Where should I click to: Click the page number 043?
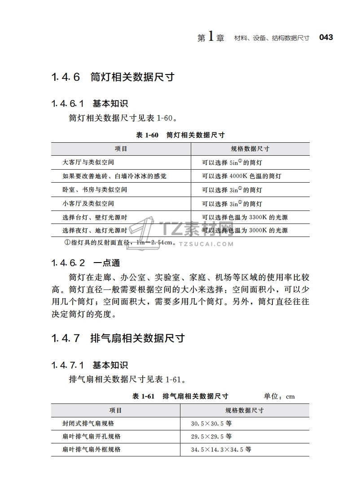point(326,38)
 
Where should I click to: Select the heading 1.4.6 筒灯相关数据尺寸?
point(113,77)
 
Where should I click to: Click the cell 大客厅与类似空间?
point(88,162)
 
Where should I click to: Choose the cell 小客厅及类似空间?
point(88,203)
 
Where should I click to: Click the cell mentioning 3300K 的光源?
point(245,217)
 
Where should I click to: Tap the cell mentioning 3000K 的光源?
point(245,231)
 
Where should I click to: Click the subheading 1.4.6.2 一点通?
point(85,263)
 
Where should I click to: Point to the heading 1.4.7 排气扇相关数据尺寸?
point(118,338)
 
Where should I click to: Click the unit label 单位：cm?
point(279,396)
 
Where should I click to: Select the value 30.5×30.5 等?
point(211,424)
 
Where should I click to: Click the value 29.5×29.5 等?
point(211,436)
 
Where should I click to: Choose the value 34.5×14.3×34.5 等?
point(221,449)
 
